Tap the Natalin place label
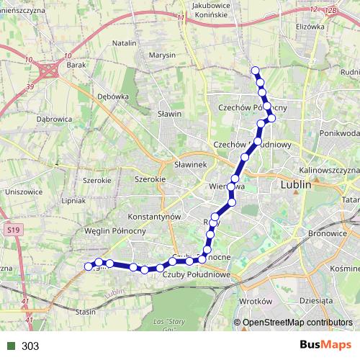[125, 43]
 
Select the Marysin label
[162, 55]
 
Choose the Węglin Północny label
[116, 230]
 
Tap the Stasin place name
[86, 312]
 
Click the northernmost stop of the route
[254, 71]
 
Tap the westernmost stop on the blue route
[89, 266]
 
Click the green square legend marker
[11, 346]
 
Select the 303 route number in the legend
[30, 346]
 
